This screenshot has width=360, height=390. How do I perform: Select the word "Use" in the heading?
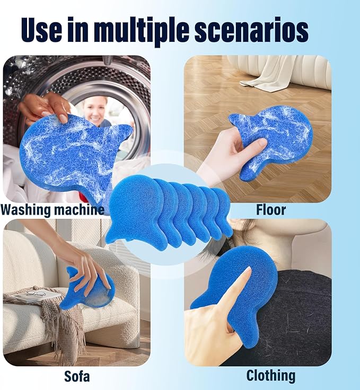pos(42,29)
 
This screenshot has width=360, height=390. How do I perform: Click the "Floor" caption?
pos(271,210)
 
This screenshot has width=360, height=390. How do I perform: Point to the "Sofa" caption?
pos(77,376)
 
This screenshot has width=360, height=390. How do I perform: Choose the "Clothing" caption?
pos(271,376)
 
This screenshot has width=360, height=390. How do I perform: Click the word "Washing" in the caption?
pos(26,210)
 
